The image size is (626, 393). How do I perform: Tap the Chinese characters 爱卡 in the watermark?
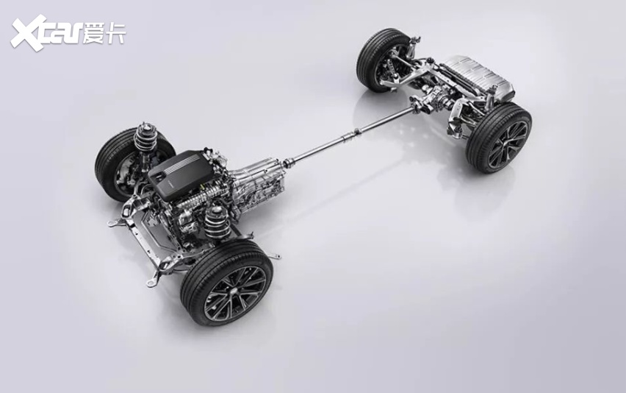[104, 34]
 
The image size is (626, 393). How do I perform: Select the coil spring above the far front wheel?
[144, 138]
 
